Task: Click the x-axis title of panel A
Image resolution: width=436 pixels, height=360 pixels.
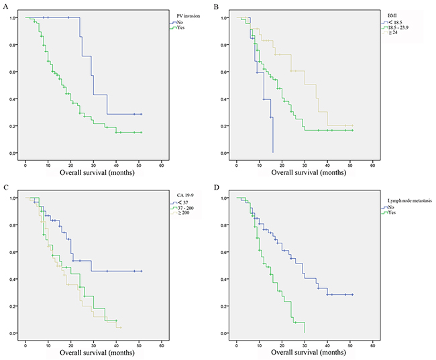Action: click(x=93, y=173)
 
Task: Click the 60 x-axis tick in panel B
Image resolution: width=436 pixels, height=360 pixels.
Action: click(x=372, y=163)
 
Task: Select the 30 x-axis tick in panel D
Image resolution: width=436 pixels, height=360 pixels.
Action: click(x=305, y=343)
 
